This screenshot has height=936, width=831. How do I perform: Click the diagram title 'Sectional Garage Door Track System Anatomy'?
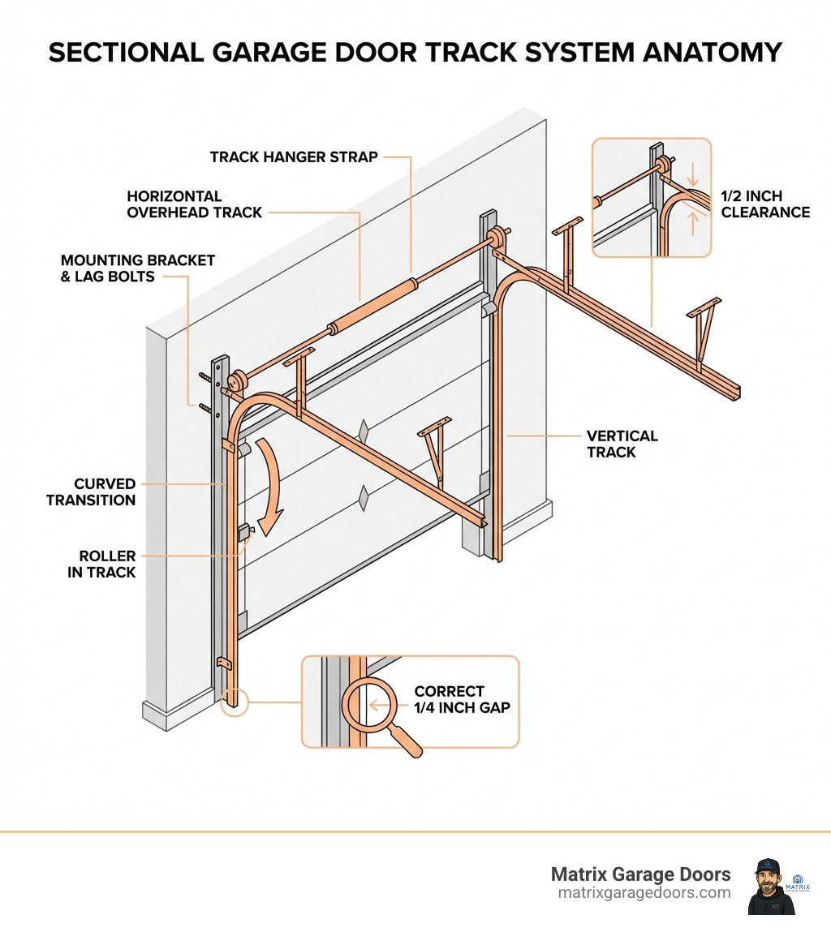tap(415, 53)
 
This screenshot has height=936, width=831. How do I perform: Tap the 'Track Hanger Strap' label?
tap(294, 157)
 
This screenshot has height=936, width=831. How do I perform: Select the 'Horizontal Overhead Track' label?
tap(195, 204)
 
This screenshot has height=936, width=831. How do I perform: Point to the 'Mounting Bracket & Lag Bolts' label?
tap(138, 268)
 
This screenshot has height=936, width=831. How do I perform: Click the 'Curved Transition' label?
tap(91, 492)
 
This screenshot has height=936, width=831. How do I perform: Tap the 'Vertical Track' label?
tap(622, 444)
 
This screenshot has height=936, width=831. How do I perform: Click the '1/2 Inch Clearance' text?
tap(765, 204)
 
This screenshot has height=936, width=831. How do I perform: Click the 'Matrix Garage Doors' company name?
tap(640, 874)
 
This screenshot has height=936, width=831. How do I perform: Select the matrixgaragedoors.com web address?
tap(644, 892)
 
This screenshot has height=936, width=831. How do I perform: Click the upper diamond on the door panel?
tap(363, 432)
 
